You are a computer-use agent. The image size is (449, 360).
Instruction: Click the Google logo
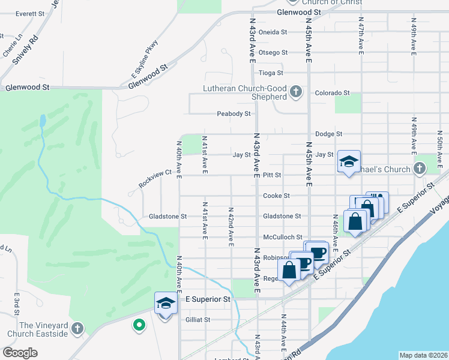pyautogui.click(x=20, y=353)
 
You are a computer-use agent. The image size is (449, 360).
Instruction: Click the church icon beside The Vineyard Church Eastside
pyautogui.click(x=77, y=328)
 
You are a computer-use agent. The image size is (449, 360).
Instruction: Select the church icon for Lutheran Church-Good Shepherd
pyautogui.click(x=295, y=92)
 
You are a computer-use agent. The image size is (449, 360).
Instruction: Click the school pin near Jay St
pyautogui.click(x=349, y=161)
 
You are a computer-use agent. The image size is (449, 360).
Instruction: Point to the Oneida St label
pyautogui.click(x=273, y=32)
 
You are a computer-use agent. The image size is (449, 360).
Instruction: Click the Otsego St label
pyautogui.click(x=273, y=52)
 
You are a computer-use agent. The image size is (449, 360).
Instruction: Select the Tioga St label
pyautogui.click(x=271, y=73)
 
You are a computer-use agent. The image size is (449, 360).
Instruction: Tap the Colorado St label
pyautogui.click(x=333, y=93)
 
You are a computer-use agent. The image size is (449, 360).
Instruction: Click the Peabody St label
pyautogui.click(x=234, y=113)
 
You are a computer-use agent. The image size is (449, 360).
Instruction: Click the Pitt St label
pyautogui.click(x=272, y=175)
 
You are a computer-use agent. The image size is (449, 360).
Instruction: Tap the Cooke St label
pyautogui.click(x=276, y=196)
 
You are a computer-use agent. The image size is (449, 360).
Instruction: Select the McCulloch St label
pyautogui.click(x=282, y=238)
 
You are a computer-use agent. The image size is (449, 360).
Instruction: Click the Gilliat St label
pyautogui.click(x=198, y=320)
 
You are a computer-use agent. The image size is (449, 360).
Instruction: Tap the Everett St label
pyautogui.click(x=30, y=13)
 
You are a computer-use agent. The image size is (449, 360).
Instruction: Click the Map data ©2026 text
pyautogui.click(x=423, y=355)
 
